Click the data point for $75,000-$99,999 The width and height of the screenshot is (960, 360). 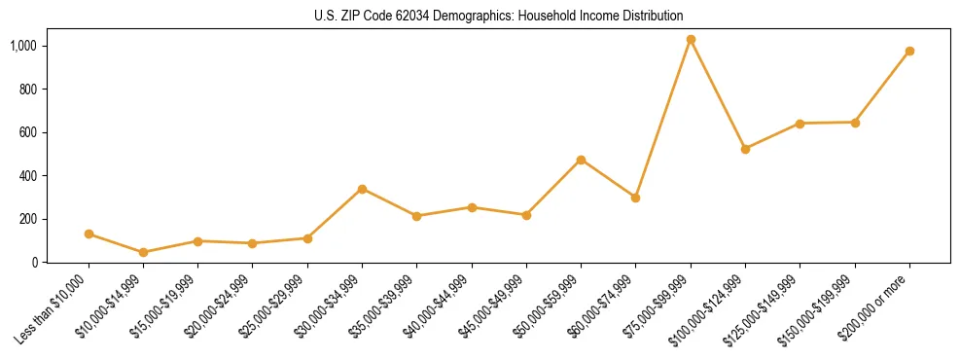(691, 40)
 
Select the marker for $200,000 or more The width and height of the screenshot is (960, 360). (909, 51)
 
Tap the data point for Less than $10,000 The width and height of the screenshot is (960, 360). (89, 234)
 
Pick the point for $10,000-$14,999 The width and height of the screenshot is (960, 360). (144, 252)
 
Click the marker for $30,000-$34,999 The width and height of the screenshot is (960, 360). (362, 189)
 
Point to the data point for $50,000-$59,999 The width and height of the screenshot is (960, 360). (581, 160)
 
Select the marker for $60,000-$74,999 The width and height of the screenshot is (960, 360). (635, 198)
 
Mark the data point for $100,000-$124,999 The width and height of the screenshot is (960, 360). (745, 149)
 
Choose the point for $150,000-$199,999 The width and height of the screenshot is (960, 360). (855, 123)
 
